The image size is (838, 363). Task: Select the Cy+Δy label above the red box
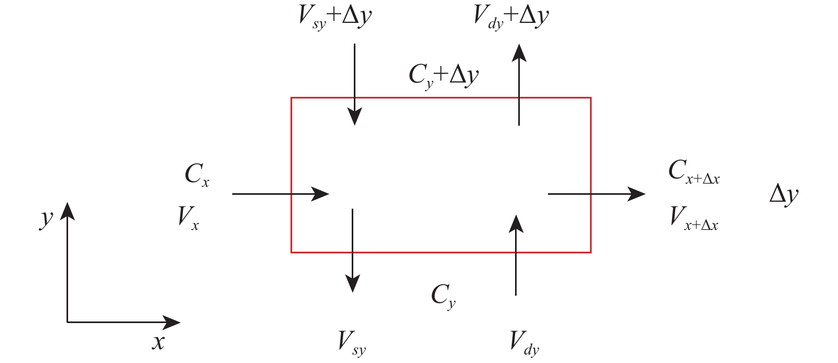click(x=443, y=76)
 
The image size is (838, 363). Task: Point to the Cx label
click(x=197, y=175)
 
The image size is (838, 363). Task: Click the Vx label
click(x=188, y=218)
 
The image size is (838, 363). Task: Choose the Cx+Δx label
click(x=694, y=172)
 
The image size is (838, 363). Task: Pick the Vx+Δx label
click(x=694, y=218)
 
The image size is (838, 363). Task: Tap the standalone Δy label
click(x=784, y=194)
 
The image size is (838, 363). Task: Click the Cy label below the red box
click(x=443, y=295)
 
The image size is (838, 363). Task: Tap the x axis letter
click(x=158, y=342)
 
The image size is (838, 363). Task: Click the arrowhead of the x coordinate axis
click(x=173, y=322)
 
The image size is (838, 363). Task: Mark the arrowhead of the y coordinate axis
click(x=67, y=210)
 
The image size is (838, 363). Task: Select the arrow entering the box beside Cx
click(x=280, y=194)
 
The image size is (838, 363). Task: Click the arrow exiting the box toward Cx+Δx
click(x=596, y=194)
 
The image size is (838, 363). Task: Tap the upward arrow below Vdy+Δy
click(x=519, y=85)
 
